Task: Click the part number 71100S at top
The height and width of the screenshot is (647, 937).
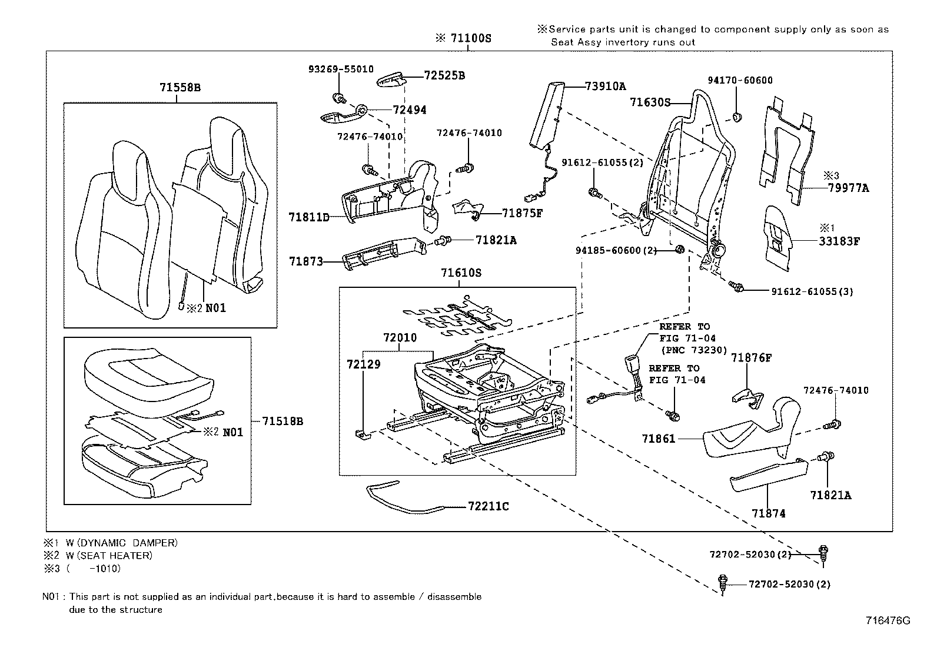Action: [470, 38]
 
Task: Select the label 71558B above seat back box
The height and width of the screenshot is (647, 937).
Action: [180, 88]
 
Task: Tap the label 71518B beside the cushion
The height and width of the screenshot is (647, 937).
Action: [283, 422]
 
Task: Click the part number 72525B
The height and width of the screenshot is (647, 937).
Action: [444, 76]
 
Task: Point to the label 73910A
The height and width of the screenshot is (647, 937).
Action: [606, 86]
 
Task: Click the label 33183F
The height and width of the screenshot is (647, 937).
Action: [839, 241]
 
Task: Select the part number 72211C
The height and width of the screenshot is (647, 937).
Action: [489, 506]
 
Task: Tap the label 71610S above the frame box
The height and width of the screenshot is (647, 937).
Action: [461, 273]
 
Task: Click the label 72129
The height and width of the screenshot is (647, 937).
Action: [363, 364]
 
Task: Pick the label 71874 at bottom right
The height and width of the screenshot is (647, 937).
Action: [768, 513]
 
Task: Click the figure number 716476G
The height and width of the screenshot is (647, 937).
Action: [888, 621]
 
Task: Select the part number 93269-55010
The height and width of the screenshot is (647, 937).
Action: [341, 69]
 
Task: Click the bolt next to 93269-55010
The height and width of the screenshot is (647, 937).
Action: [338, 98]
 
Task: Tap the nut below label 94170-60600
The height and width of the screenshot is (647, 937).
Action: [736, 115]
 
